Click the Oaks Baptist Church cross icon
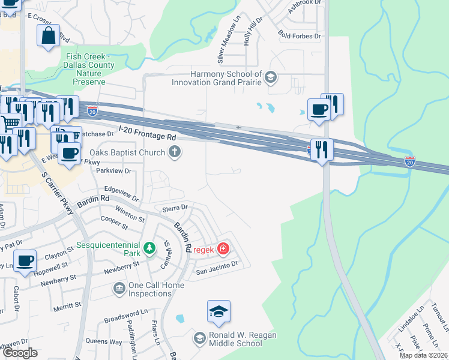[175, 152]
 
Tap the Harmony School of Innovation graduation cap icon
[271, 77]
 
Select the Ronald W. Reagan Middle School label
[235, 339]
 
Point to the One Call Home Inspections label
[150, 290]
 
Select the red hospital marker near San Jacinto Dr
[223, 248]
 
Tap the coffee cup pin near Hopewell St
[25, 262]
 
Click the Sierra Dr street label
[175, 208]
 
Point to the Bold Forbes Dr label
[299, 36]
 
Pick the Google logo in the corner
[20, 353]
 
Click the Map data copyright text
[423, 355]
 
